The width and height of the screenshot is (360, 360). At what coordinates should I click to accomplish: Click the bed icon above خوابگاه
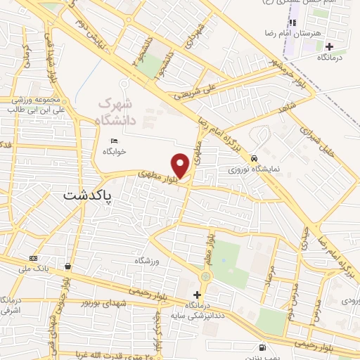pos(114,141)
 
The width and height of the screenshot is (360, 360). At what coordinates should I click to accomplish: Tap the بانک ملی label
pos(35,267)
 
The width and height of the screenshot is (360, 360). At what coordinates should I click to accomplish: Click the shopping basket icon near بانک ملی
pos(67,266)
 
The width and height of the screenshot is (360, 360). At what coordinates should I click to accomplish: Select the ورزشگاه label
pos(148,259)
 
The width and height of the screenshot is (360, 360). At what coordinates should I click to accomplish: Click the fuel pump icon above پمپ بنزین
pos(262,347)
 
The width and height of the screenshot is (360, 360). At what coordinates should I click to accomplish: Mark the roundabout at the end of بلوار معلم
pos(205,276)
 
